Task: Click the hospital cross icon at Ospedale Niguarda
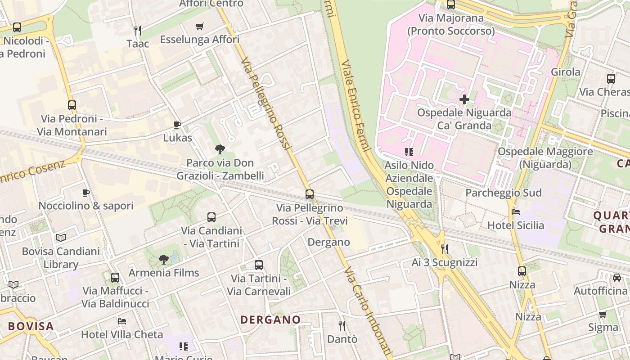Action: pyautogui.click(x=464, y=99)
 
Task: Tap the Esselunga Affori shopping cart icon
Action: pyautogui.click(x=200, y=27)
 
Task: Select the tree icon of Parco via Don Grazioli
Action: pyautogui.click(x=220, y=149)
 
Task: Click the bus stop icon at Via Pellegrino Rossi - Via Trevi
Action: pyautogui.click(x=310, y=194)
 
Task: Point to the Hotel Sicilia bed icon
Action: pyautogui.click(x=516, y=212)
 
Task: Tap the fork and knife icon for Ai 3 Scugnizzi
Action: pyautogui.click(x=445, y=249)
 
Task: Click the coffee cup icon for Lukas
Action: pyautogui.click(x=177, y=125)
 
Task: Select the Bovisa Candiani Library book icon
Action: pyautogui.click(x=61, y=238)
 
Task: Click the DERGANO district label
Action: pyautogui.click(x=270, y=320)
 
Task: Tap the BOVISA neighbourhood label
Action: pyautogui.click(x=31, y=326)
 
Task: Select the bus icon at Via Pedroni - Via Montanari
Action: pyautogui.click(x=72, y=105)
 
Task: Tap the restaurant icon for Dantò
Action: pyautogui.click(x=342, y=325)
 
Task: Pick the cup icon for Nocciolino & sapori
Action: pyautogui.click(x=86, y=193)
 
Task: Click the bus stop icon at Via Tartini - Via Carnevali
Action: pyautogui.click(x=258, y=265)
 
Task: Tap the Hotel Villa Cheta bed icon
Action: pyautogui.click(x=122, y=321)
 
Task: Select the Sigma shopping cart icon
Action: pyautogui.click(x=603, y=314)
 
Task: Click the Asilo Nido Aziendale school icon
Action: pyautogui.click(x=409, y=152)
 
